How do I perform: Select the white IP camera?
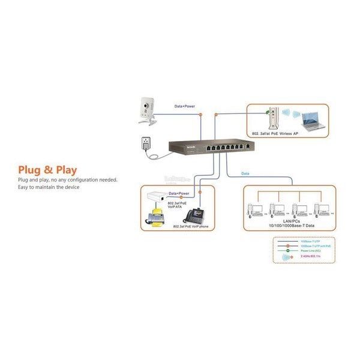(146, 110)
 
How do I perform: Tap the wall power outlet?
(144, 145)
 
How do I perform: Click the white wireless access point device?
(274, 116)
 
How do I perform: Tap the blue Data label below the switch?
(245, 173)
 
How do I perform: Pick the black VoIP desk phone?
(196, 214)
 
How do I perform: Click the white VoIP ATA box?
(158, 197)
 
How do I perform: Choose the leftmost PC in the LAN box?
(256, 209)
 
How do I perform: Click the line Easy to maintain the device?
(49, 187)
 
